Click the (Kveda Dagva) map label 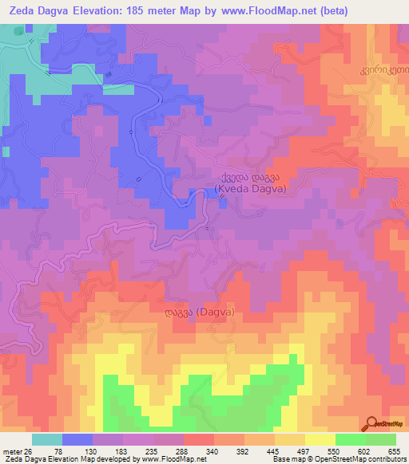pyautogui.click(x=251, y=190)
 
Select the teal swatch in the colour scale pyautogui.click(x=47, y=439)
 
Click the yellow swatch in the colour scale pyautogui.click(x=320, y=439)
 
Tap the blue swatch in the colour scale pyautogui.click(x=77, y=439)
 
